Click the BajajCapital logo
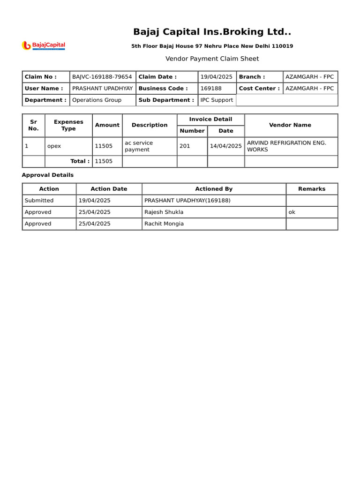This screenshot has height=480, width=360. (44, 45)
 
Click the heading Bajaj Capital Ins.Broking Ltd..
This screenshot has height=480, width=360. (212, 32)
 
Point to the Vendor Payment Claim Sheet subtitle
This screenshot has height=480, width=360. (212, 59)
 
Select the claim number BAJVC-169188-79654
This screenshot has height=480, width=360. (102, 77)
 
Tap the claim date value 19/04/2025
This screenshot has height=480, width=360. (216, 77)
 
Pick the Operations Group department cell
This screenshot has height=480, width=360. (97, 100)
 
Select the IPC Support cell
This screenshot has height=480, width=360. (217, 100)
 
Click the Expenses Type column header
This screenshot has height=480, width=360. (68, 125)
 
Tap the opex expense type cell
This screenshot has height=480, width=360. (54, 146)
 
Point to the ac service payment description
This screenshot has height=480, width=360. (138, 146)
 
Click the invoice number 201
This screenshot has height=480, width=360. (185, 146)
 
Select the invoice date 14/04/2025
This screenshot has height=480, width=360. (226, 146)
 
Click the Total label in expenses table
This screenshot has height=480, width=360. (80, 161)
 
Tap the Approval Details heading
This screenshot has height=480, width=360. (48, 175)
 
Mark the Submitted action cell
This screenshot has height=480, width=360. (39, 201)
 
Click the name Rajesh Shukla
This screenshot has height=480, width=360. (164, 212)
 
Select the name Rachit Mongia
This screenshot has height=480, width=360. (164, 224)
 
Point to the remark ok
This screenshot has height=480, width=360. (292, 212)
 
